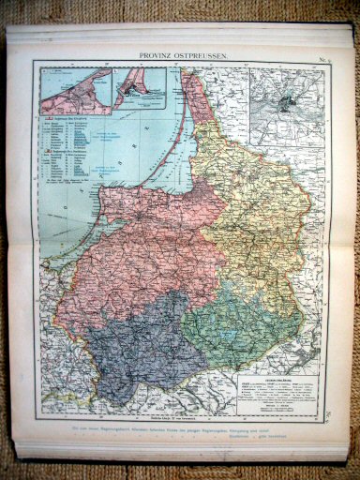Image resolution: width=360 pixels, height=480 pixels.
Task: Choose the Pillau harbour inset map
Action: tap(140, 90)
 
